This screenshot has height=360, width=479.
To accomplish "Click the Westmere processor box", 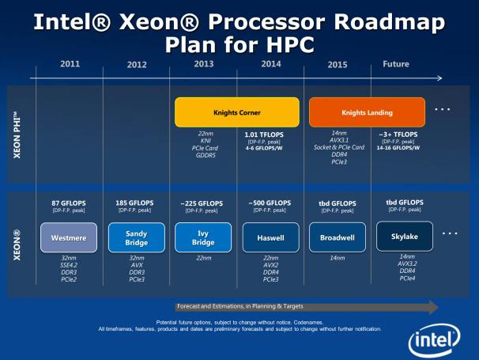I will [x=68, y=237].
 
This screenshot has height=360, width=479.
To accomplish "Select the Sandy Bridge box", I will [x=136, y=237].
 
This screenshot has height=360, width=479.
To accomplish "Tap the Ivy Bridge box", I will [x=202, y=237].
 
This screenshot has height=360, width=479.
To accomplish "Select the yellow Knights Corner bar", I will [x=236, y=112].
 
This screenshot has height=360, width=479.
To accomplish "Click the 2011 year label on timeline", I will [x=69, y=64].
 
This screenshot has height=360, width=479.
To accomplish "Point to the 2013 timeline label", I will [x=203, y=64].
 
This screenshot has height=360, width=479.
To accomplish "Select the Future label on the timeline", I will [x=395, y=64].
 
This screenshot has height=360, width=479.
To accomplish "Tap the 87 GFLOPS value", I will [x=68, y=203].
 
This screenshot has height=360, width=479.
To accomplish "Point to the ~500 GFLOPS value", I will [x=269, y=203].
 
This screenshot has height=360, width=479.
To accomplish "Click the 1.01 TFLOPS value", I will [x=269, y=135].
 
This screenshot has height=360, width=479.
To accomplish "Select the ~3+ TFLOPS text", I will [x=401, y=135].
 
